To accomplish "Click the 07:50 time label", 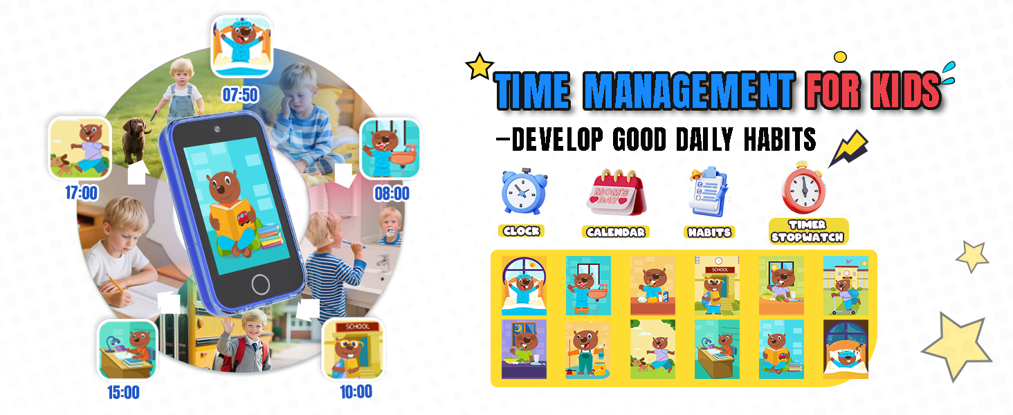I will pyautogui.click(x=239, y=94).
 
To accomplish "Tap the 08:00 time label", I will pyautogui.click(x=392, y=193).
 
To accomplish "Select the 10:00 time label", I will pyautogui.click(x=356, y=392).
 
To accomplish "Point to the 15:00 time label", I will pyautogui.click(x=123, y=393).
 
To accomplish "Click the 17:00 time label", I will pyautogui.click(x=82, y=193).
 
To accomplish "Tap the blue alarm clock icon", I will pyautogui.click(x=523, y=191).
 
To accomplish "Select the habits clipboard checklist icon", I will pyautogui.click(x=706, y=192).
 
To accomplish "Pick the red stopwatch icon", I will pyautogui.click(x=804, y=187).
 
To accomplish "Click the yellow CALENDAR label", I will pyautogui.click(x=615, y=232).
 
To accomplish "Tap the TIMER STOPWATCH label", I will pyautogui.click(x=808, y=231).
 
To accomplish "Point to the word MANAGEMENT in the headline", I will pyautogui.click(x=689, y=91).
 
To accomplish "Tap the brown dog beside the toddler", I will pyautogui.click(x=136, y=138).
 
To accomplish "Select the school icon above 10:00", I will pyautogui.click(x=354, y=349).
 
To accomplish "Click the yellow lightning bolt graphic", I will pyautogui.click(x=849, y=148).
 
